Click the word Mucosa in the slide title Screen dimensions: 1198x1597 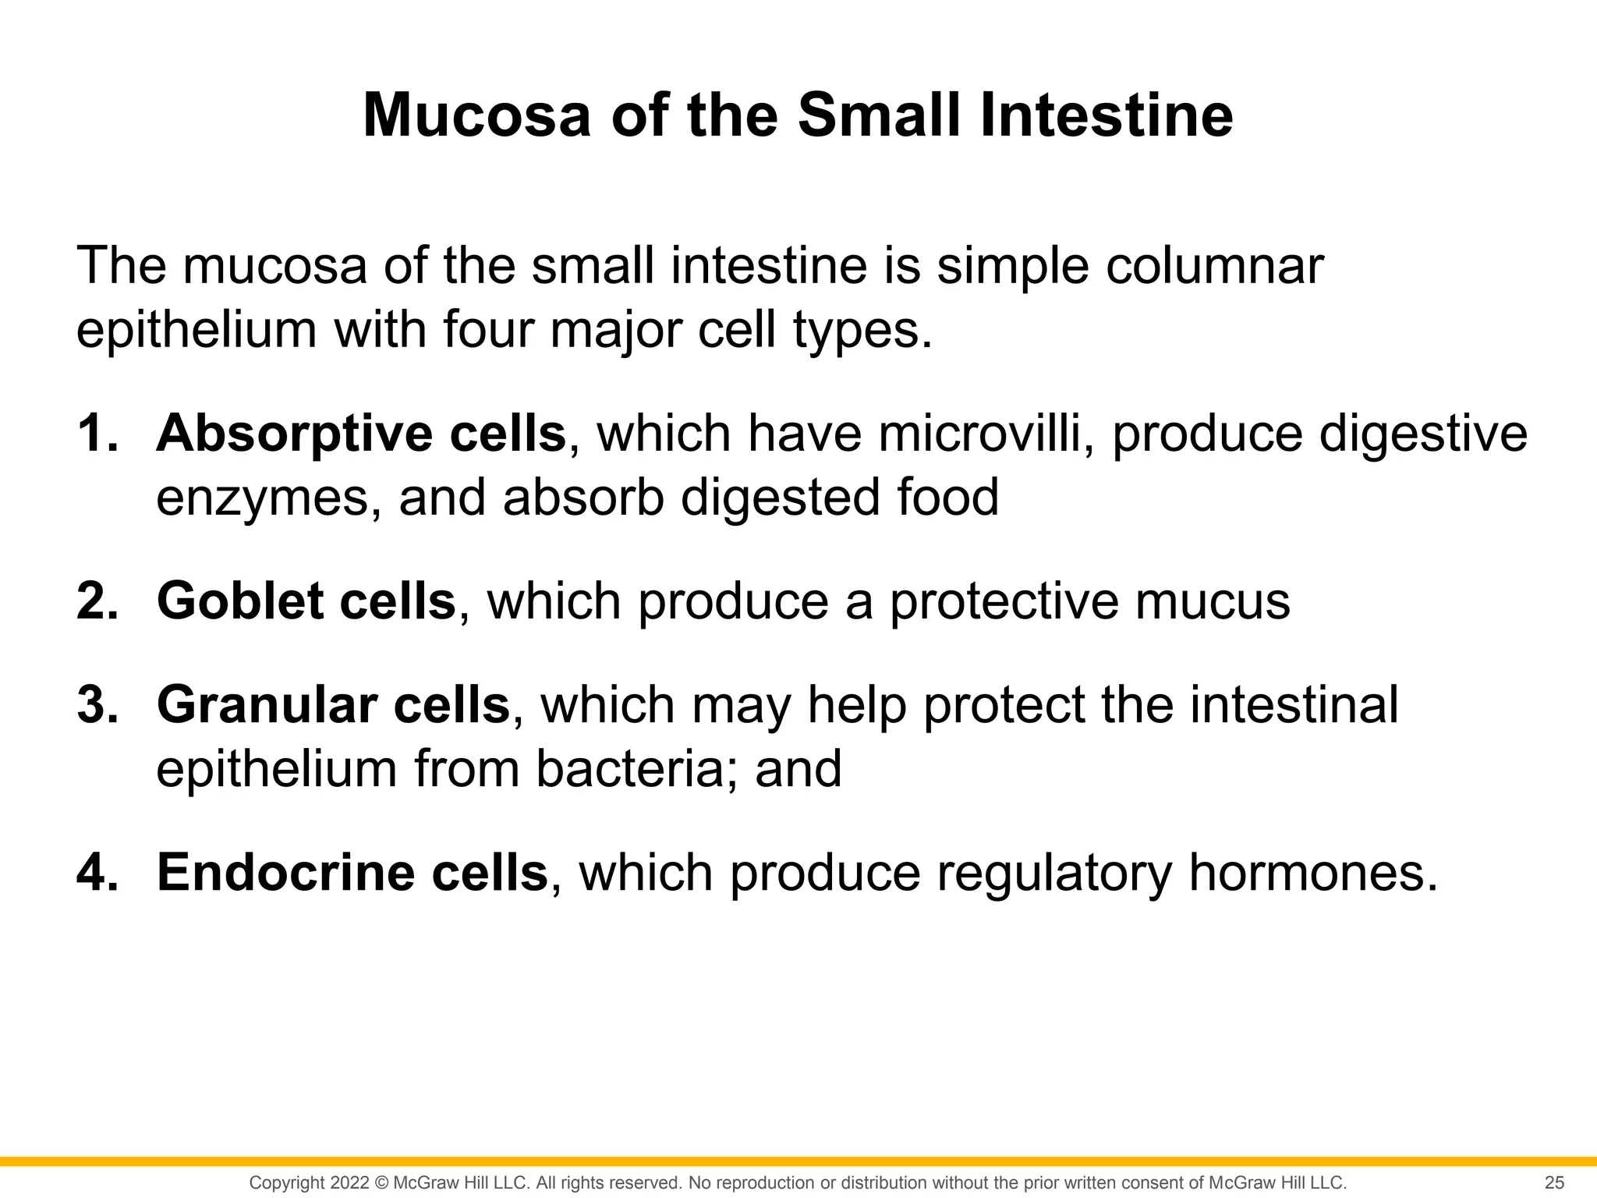point(476,115)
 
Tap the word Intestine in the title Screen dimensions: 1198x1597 point(1105,115)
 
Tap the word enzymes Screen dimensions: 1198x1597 point(268,498)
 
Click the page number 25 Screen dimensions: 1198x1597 point(1554,1182)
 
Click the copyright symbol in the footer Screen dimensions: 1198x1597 point(381,1182)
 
